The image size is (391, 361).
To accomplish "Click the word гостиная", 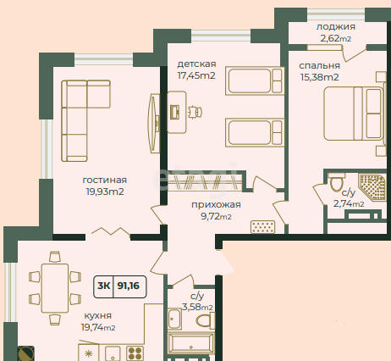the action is point(105,180).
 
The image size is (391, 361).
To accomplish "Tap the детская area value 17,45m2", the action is point(196,75).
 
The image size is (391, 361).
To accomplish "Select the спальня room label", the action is point(319,66).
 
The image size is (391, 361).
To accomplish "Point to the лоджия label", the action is point(335,27).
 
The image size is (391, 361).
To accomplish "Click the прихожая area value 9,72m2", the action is point(216,216).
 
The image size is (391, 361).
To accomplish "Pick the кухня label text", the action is point(98,315).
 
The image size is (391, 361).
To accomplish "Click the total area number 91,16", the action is point(129,286).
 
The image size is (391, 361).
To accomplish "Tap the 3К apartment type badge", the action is point(103,286).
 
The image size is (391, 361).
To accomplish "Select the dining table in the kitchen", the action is point(55,288).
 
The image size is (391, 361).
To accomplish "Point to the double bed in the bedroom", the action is point(355,114).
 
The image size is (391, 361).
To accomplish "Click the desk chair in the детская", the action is point(195,112).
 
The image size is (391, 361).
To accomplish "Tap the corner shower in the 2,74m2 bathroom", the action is point(372,187).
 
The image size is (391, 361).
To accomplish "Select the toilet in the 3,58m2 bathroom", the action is point(206,320).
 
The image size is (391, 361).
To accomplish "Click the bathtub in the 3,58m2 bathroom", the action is point(190,343).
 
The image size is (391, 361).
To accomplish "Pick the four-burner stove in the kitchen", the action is point(135,353).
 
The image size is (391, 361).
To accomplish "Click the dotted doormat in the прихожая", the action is point(262,227).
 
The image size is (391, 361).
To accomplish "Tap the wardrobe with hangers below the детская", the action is point(205,182).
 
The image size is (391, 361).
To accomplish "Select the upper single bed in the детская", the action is point(255,81).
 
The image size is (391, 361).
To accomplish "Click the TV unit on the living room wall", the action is point(154,124).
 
